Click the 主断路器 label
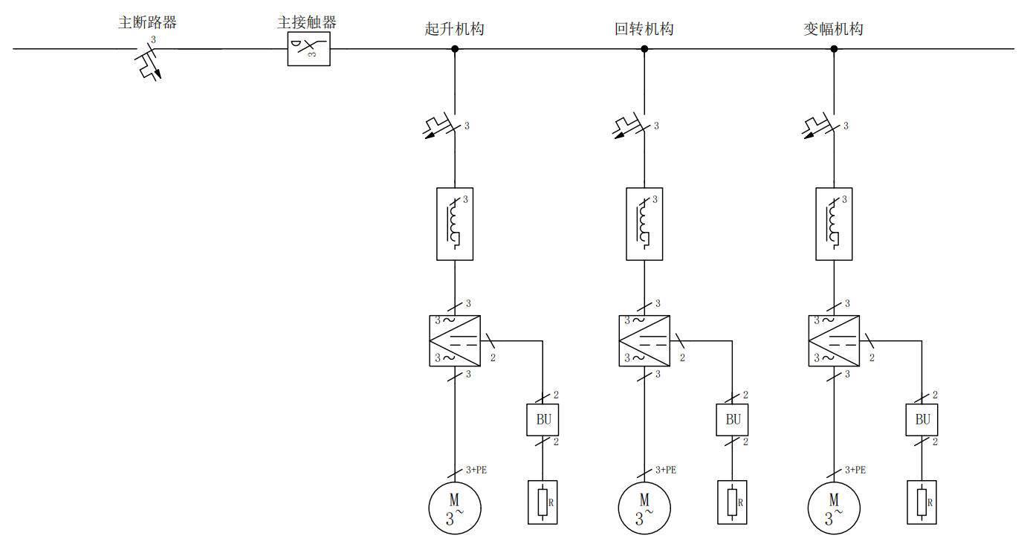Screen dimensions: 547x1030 pos(147,22)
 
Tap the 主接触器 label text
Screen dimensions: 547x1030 pos(306,22)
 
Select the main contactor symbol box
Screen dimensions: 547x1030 pos(308,49)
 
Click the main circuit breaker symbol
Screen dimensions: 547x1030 pos(152,61)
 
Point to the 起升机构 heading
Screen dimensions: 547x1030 pos(454,30)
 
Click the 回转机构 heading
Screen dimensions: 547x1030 pos(644,30)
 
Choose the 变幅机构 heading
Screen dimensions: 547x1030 pos(833,30)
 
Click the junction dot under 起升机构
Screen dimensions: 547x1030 pos(455,49)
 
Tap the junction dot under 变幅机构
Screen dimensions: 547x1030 pos(834,49)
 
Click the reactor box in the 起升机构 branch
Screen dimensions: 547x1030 pos(455,224)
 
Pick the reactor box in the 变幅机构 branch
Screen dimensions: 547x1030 pos(834,224)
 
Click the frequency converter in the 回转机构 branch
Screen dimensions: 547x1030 pos(644,340)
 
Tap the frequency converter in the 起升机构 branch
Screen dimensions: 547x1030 pos(455,340)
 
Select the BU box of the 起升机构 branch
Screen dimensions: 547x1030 pos(543,419)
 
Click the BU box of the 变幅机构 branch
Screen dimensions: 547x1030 pos(922,419)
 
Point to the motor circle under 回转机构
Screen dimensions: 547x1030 pos(644,508)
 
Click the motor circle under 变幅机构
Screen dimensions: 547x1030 pos(834,508)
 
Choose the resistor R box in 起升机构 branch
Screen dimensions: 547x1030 pos(543,502)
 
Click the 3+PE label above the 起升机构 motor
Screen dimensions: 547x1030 pos(476,470)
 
